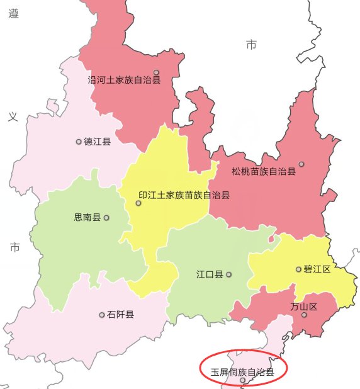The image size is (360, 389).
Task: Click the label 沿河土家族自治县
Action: click(x=125, y=80)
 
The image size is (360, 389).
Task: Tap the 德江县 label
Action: click(x=97, y=142)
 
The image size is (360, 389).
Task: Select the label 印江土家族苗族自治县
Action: click(x=184, y=195)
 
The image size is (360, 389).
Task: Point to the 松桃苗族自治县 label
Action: click(x=263, y=171)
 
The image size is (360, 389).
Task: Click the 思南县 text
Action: click(x=87, y=218)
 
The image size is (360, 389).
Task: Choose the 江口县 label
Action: click(x=210, y=274)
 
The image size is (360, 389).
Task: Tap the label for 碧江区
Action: click(x=317, y=269)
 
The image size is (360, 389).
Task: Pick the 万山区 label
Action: click(x=304, y=307)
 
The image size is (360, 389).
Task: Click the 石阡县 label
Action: click(x=120, y=314)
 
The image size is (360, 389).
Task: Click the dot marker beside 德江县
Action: click(x=79, y=142)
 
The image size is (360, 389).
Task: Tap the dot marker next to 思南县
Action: click(x=106, y=218)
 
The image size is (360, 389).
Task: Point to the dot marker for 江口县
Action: click(x=229, y=274)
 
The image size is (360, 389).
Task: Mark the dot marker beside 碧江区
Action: click(x=298, y=269)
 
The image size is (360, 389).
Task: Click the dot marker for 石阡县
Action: click(x=102, y=314)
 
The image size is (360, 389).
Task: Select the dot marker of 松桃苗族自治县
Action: click(x=301, y=164)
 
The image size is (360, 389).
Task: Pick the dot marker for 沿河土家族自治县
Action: click(x=156, y=72)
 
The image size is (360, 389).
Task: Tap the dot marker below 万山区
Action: click(x=303, y=315)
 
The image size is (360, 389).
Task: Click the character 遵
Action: click(x=14, y=14)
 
